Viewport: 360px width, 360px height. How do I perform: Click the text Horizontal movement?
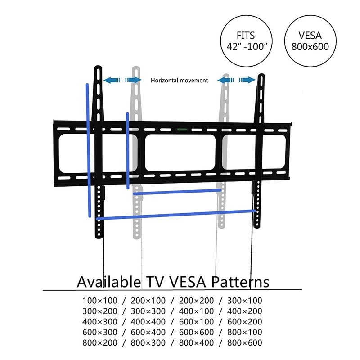179,81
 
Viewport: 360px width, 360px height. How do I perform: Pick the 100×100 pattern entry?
100,301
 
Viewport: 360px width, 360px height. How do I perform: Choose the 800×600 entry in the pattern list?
245,343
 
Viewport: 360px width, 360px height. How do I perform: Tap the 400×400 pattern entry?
148,322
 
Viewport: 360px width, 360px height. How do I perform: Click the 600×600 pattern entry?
196,332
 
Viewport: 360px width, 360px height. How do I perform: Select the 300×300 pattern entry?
148,311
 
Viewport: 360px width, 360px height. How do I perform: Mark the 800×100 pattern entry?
245,332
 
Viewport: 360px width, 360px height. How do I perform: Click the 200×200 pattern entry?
196,301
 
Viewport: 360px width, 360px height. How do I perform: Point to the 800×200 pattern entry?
100,343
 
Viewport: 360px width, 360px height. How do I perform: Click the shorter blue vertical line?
128,151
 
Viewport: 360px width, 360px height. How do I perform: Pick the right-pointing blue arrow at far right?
247,80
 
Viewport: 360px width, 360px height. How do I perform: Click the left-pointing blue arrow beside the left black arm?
112,80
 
